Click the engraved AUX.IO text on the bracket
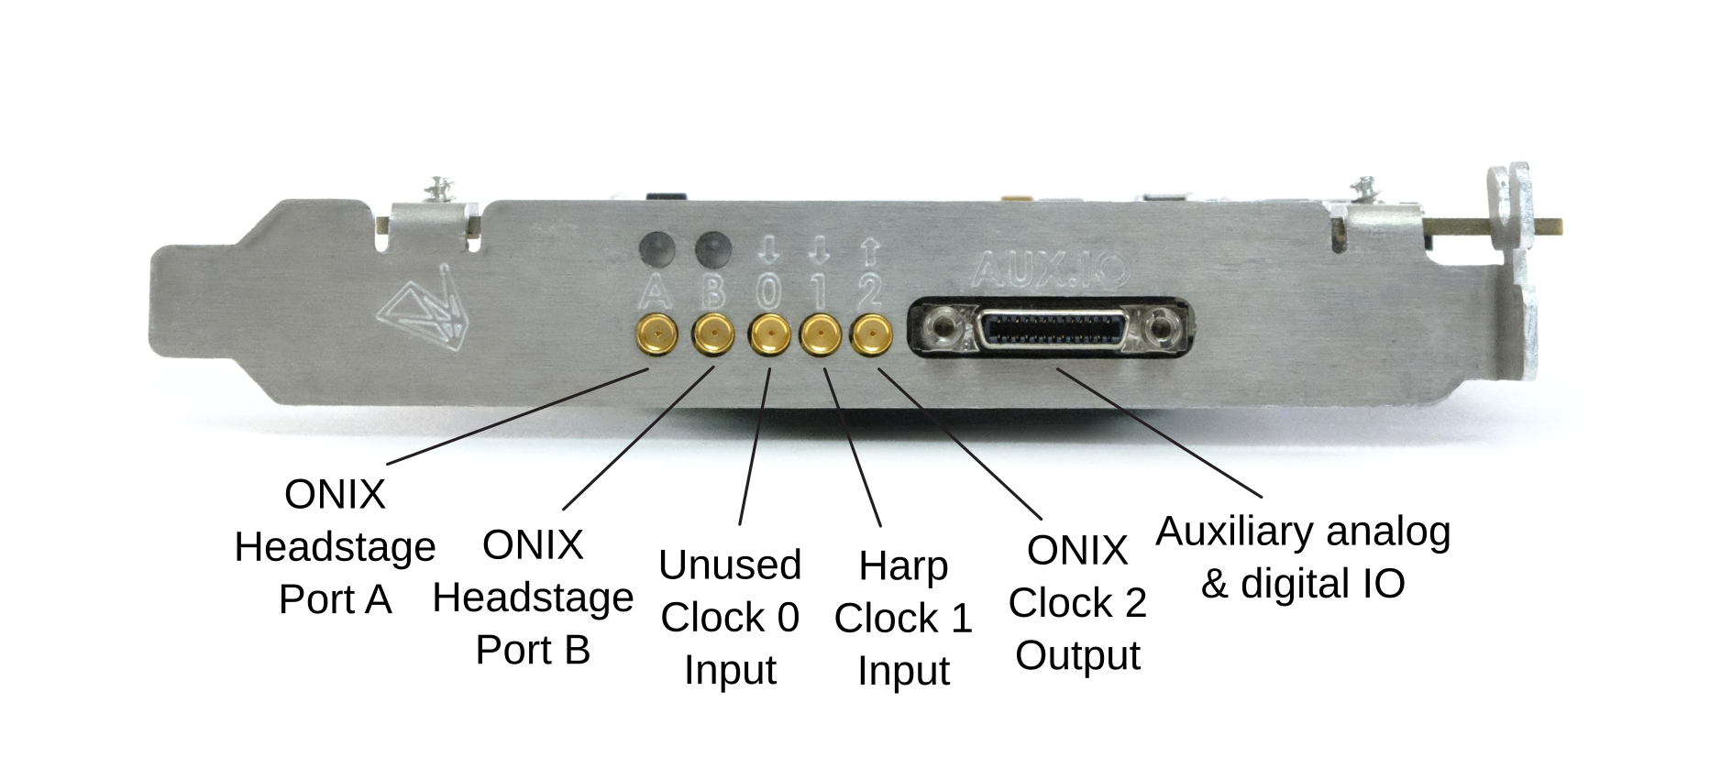[x=1050, y=269]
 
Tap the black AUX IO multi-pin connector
[x=1050, y=327]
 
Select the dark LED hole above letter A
[x=657, y=247]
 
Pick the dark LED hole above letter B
[x=713, y=247]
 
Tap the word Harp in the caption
[x=903, y=566]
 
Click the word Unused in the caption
[x=730, y=565]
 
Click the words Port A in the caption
[x=335, y=599]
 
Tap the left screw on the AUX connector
[x=941, y=326]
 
